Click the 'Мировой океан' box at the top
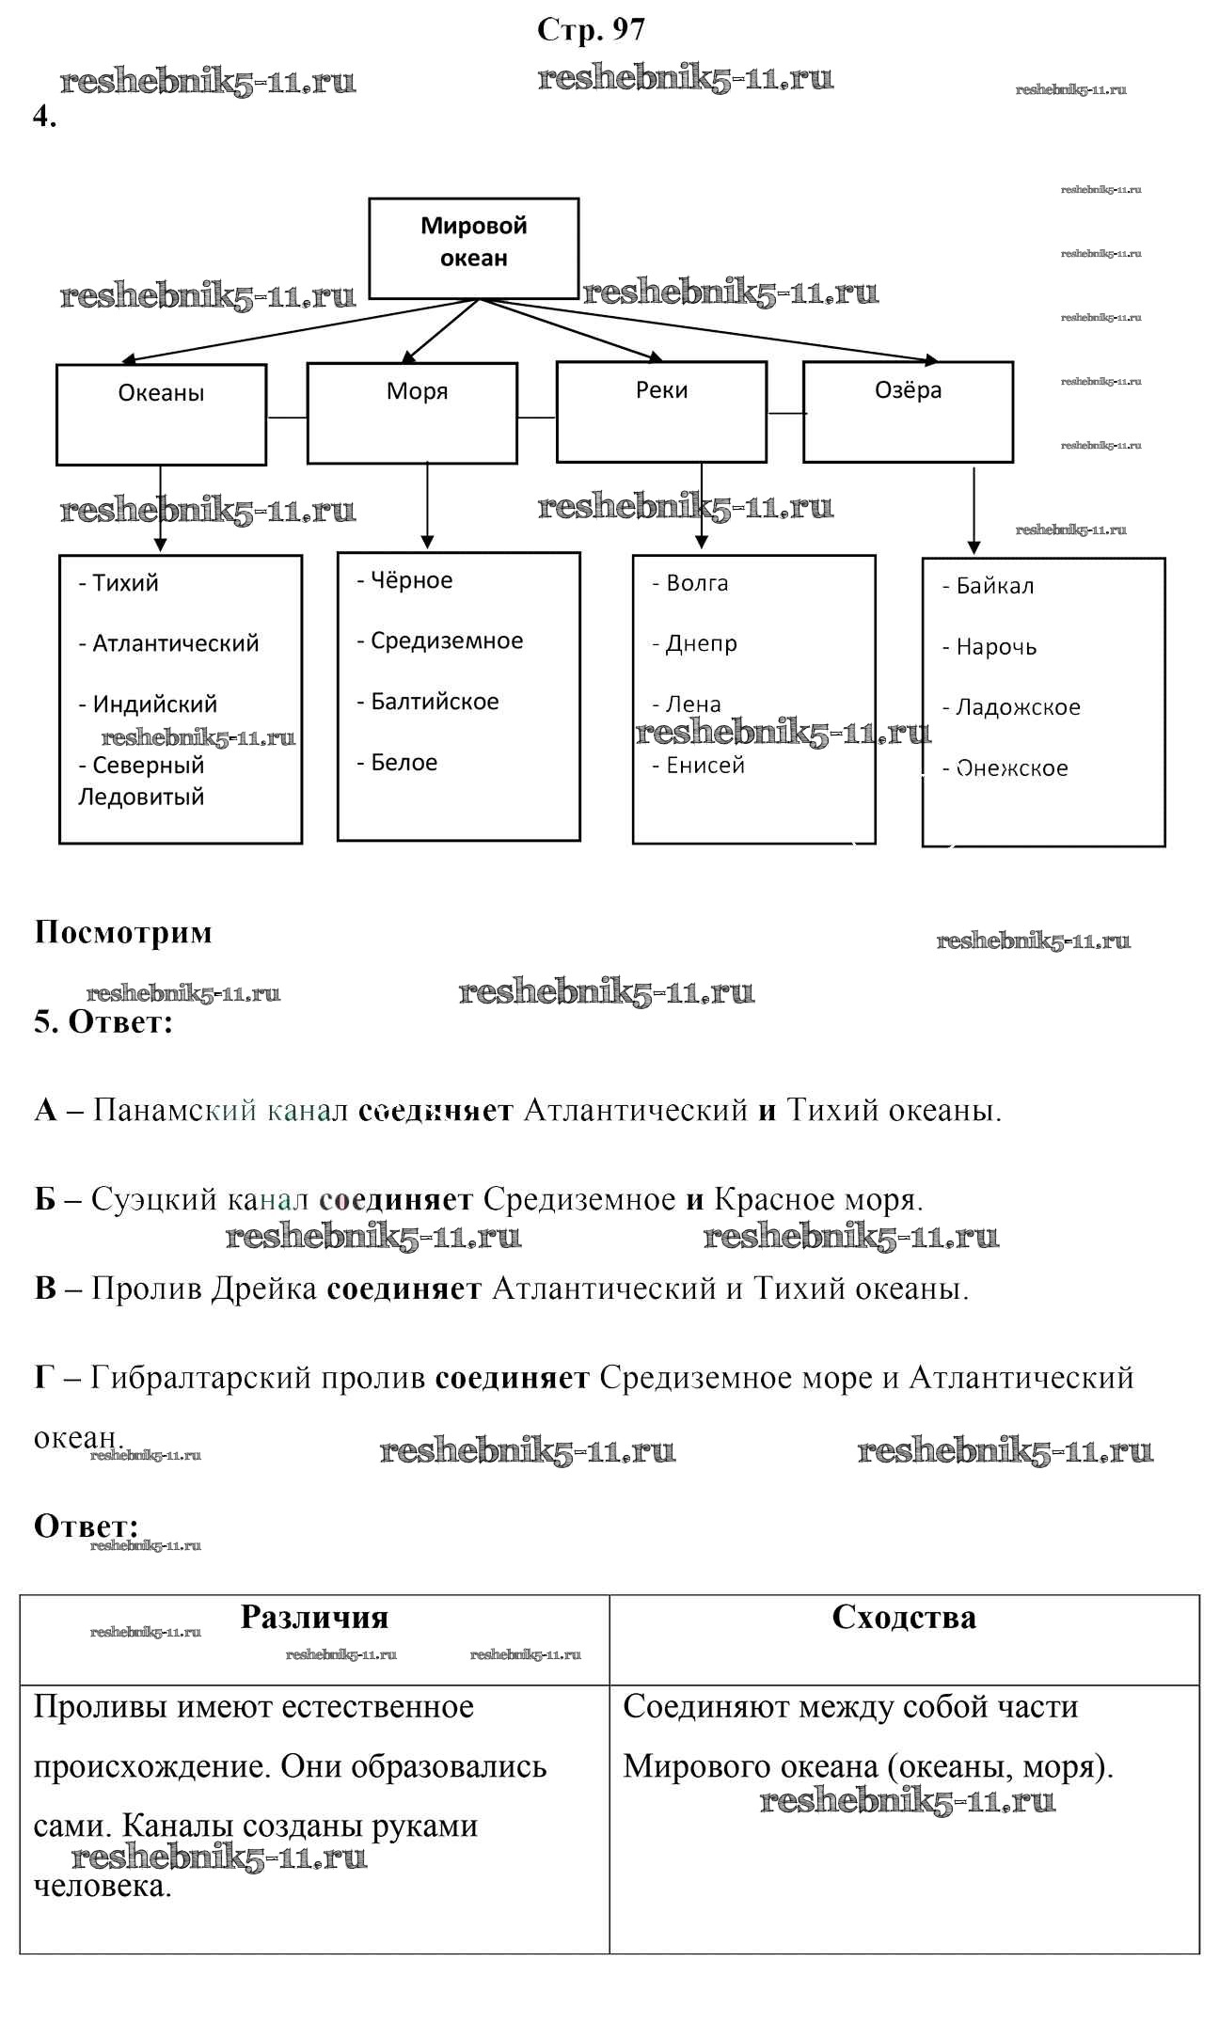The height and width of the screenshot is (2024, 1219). coord(473,247)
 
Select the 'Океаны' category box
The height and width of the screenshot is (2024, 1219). coord(161,414)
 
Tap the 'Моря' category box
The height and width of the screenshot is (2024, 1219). coord(412,413)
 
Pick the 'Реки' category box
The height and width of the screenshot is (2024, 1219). coord(661,412)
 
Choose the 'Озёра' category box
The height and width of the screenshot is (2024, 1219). coord(908,412)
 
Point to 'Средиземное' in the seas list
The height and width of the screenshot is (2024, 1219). coord(447,640)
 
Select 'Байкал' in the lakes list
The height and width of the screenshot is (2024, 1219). coord(994,586)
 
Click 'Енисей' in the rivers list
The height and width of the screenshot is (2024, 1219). coord(704,766)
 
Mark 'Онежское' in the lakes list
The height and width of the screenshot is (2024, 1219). coord(1012,768)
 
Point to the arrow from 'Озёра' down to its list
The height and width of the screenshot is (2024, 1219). coord(974,511)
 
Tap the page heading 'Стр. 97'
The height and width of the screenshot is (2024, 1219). coord(591,30)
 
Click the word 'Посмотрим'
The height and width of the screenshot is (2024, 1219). coord(123,932)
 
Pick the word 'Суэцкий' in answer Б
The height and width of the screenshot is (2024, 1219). coord(154,1199)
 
